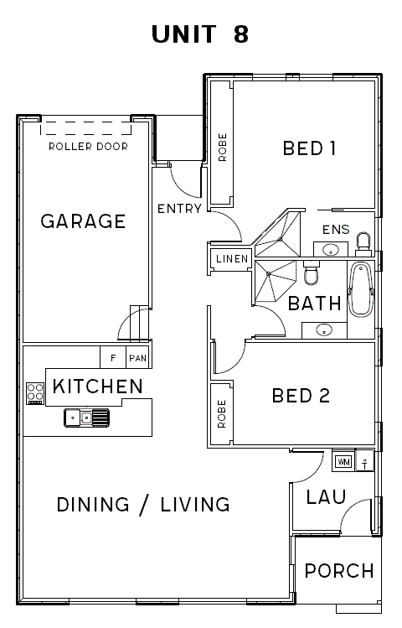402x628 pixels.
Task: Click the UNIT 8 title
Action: tap(200, 34)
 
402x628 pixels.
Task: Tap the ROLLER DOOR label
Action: tap(89, 147)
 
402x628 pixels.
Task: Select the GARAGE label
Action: tap(83, 221)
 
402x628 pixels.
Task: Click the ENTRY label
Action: tap(179, 209)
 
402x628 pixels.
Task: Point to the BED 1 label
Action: tap(309, 148)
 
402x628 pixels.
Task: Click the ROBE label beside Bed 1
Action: tap(223, 148)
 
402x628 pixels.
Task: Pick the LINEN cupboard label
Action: tap(232, 259)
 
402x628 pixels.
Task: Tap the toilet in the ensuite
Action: tap(363, 243)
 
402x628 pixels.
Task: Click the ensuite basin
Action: tap(331, 249)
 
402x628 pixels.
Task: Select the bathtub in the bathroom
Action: tap(361, 289)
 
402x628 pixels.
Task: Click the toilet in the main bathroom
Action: tap(312, 272)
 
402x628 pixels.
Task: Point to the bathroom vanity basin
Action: tap(324, 330)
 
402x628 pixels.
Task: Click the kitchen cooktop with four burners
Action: tap(35, 394)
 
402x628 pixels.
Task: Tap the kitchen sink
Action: tap(86, 418)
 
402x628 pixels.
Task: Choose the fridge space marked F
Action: tap(113, 358)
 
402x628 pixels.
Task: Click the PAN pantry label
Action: tap(138, 358)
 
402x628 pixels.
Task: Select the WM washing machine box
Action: tap(343, 462)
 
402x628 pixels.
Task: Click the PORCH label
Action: tap(339, 571)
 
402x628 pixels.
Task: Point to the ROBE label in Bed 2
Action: tap(222, 413)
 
